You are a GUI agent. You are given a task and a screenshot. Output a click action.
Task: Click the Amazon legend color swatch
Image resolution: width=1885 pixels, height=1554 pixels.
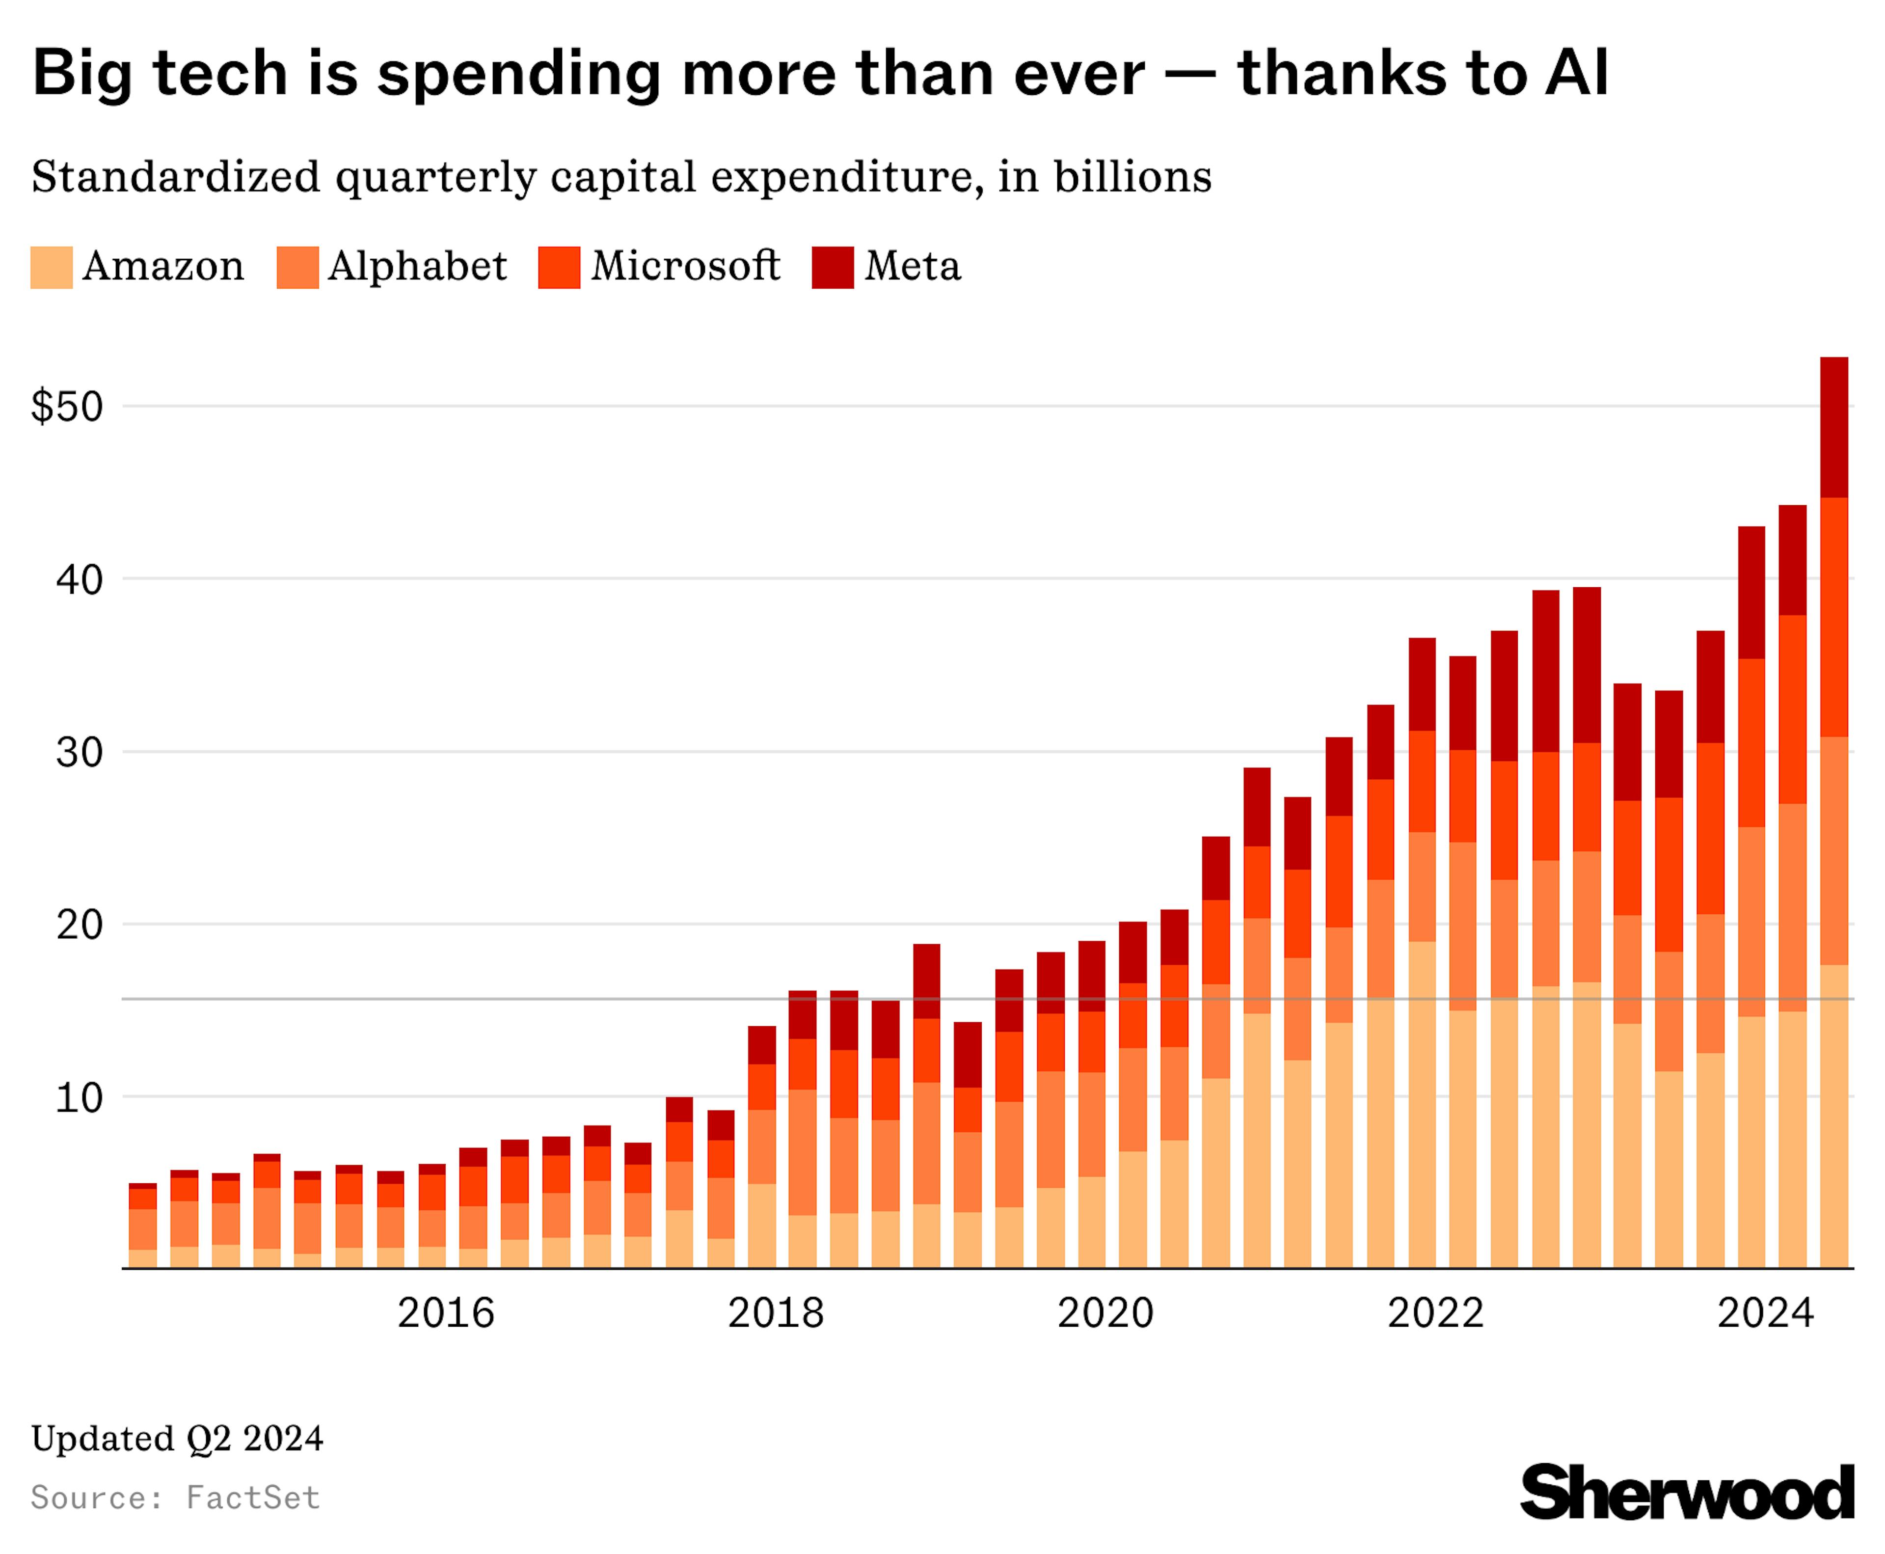tap(51, 268)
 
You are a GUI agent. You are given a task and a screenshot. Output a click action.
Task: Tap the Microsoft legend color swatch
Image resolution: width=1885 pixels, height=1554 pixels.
tap(559, 268)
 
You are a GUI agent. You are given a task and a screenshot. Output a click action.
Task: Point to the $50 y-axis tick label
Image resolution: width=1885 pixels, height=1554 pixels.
tap(67, 408)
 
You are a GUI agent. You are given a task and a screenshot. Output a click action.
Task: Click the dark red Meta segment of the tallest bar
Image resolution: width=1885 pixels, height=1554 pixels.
tap(1834, 427)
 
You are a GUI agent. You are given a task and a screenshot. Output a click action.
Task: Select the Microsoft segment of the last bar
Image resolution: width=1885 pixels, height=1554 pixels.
tap(1834, 618)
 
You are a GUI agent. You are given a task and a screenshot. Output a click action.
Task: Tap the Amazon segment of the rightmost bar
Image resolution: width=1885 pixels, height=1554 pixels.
tap(1834, 1119)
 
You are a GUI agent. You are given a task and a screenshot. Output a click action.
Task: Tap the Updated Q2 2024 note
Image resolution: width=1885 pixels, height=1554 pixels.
tap(177, 1439)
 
